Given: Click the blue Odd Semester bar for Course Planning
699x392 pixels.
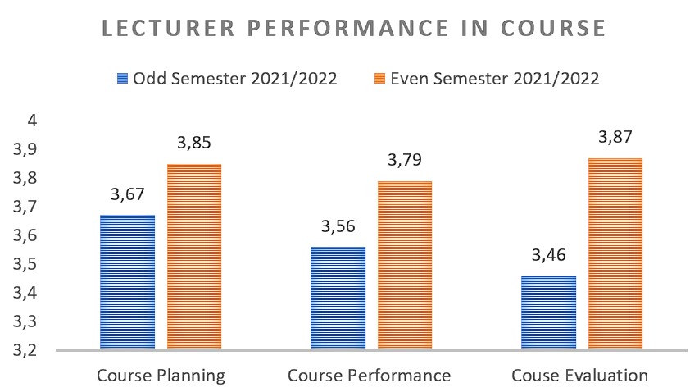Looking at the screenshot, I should pyautogui.click(x=127, y=282).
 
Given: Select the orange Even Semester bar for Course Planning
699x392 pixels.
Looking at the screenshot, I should pyautogui.click(x=194, y=257).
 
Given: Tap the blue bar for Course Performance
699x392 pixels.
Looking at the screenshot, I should pyautogui.click(x=338, y=298).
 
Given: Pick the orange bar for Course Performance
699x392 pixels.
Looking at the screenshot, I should pyautogui.click(x=405, y=265).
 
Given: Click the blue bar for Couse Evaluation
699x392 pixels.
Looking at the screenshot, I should pyautogui.click(x=548, y=312).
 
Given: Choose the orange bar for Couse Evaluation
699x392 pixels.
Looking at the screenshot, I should pyautogui.click(x=615, y=253).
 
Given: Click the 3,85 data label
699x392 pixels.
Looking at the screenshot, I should pyautogui.click(x=194, y=144).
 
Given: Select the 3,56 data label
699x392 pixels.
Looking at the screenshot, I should pyautogui.click(x=338, y=226).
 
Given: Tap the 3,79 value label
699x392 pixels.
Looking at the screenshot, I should pyautogui.click(x=405, y=160).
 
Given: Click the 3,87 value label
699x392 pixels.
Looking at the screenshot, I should pyautogui.click(x=615, y=137).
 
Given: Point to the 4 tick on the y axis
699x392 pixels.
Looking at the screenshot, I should pyautogui.click(x=32, y=121).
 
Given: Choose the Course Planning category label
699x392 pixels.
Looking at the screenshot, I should pyautogui.click(x=161, y=376).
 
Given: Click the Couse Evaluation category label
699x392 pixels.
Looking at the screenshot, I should pyautogui.click(x=580, y=376).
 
